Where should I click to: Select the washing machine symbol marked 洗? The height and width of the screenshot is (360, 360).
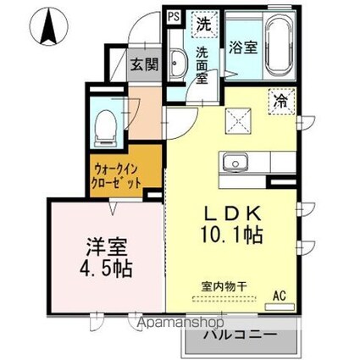[x=204, y=24]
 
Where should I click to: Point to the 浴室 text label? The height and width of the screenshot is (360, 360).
[x=241, y=49]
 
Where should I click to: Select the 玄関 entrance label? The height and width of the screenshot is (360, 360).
[x=144, y=65]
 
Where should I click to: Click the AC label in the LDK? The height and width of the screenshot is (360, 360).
[x=279, y=296]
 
